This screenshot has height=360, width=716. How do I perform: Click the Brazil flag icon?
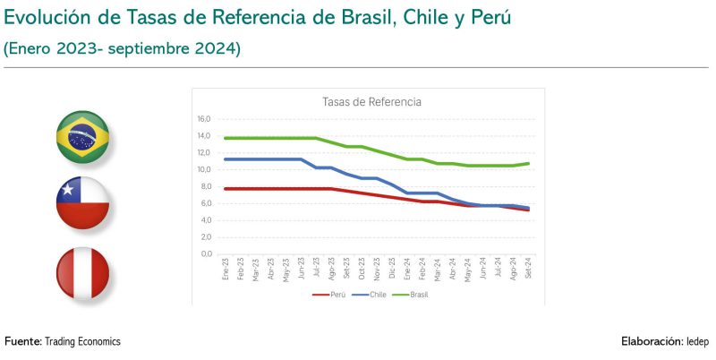coord(82,137)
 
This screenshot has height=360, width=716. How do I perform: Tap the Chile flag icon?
coord(82,203)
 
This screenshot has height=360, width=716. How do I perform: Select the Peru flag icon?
coord(82,272)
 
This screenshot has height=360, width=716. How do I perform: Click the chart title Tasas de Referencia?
coord(371,102)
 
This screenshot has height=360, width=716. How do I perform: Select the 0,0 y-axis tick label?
coord(205,253)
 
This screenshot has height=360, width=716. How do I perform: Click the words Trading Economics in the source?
coord(82,342)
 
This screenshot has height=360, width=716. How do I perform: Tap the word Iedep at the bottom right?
coord(698,342)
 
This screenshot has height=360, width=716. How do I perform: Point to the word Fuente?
coord(21,342)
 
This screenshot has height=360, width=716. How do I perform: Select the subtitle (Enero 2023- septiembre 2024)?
coord(123,50)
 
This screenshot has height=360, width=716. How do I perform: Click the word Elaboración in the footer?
coord(651,342)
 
